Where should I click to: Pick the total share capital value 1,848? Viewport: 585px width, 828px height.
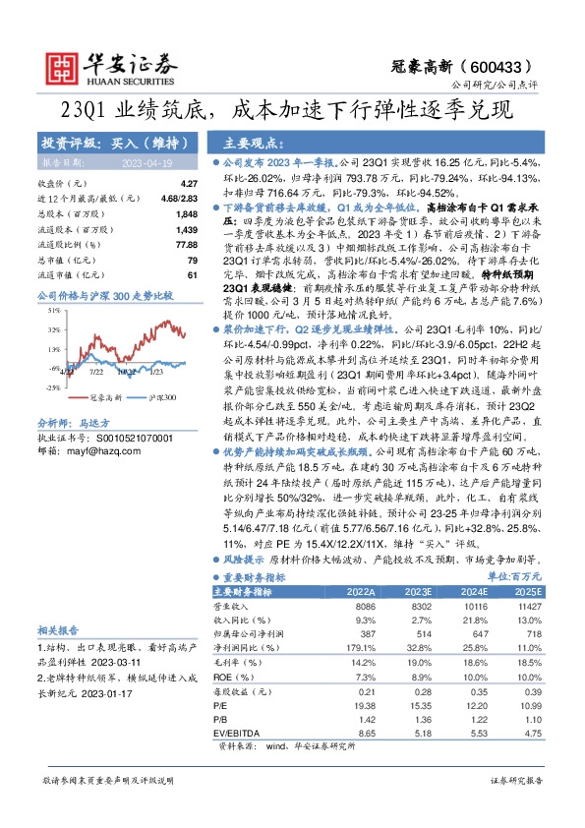[x=186, y=213]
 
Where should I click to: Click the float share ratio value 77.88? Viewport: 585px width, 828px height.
[x=185, y=243]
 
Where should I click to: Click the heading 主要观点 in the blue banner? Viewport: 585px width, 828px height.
[x=251, y=143]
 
